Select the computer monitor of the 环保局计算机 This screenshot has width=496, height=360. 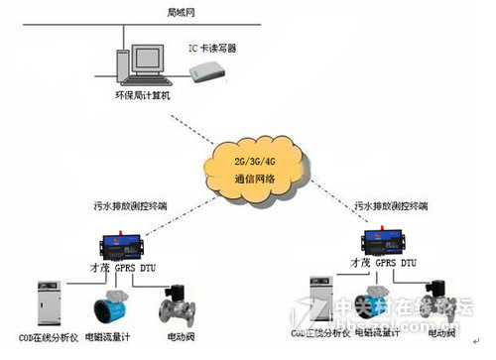(x=138, y=61)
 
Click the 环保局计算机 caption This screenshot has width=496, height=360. (x=143, y=95)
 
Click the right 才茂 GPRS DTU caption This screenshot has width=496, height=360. (x=385, y=265)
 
